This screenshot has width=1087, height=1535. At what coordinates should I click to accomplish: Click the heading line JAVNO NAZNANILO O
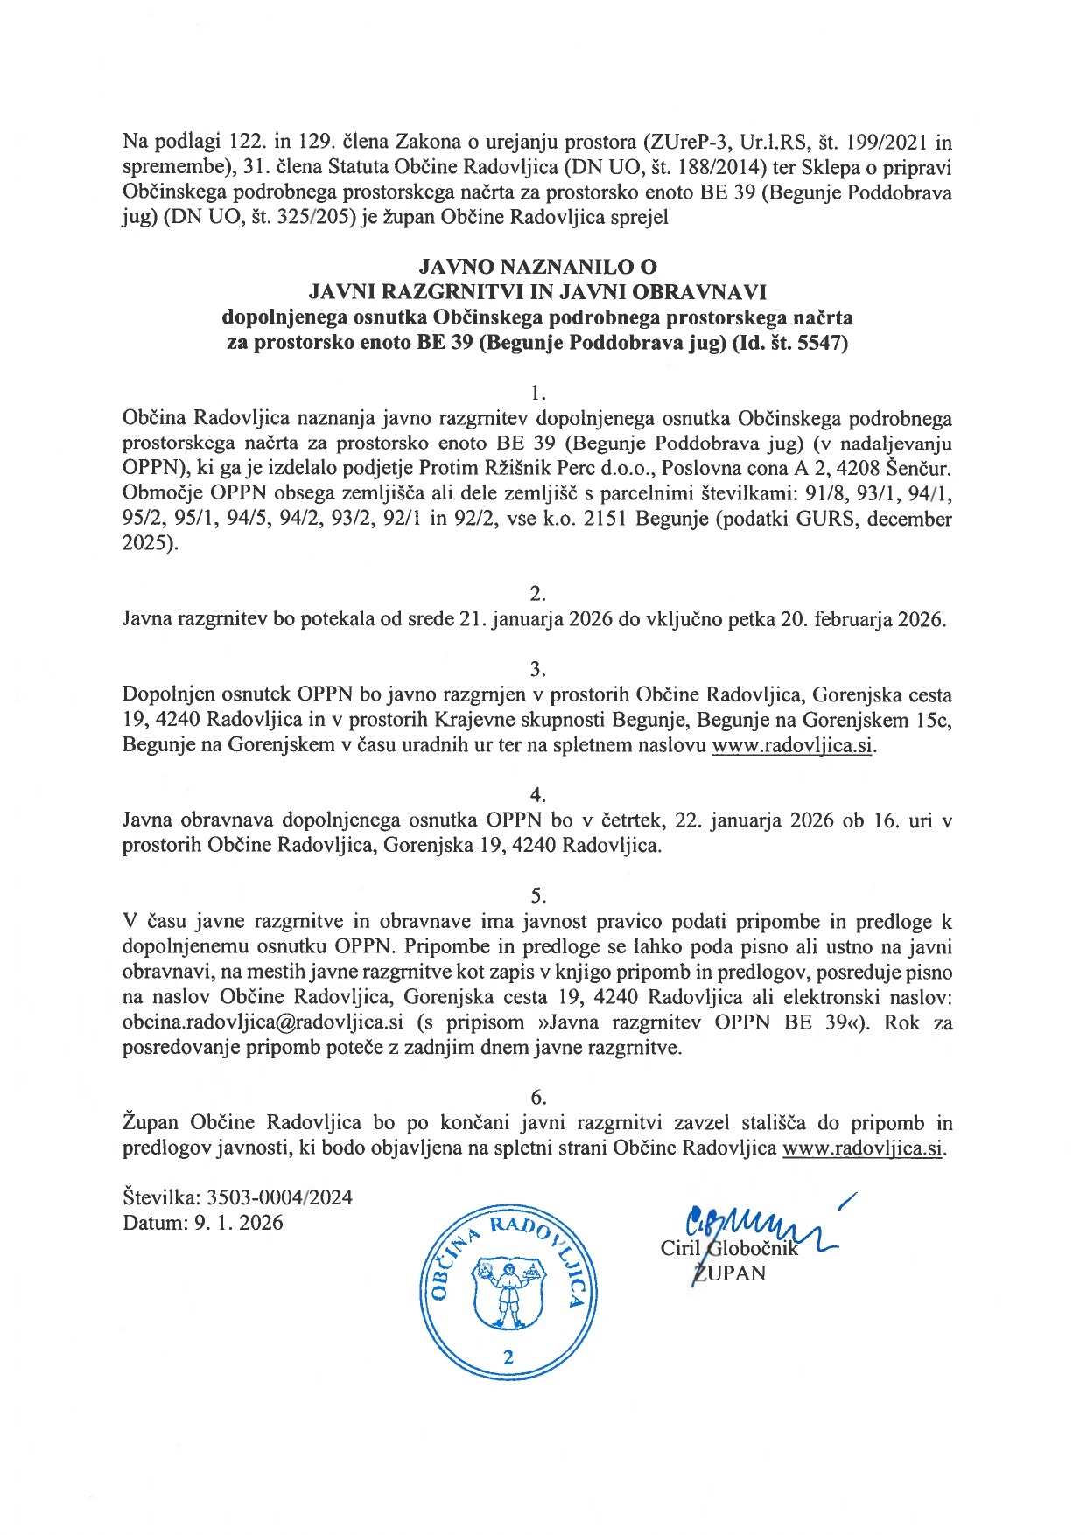(537, 266)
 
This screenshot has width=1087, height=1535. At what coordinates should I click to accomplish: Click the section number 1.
(538, 393)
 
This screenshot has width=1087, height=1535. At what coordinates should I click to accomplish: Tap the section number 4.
(538, 795)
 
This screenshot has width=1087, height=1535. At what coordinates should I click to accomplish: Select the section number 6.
(538, 1097)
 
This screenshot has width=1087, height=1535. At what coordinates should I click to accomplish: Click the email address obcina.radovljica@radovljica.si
(263, 1022)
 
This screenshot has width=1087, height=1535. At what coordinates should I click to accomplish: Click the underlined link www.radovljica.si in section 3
(792, 745)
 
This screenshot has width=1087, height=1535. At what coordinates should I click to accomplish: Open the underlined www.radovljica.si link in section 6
(862, 1148)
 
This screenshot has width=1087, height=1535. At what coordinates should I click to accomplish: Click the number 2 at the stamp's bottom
(508, 1357)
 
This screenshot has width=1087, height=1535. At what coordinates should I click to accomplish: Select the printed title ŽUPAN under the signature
(728, 1273)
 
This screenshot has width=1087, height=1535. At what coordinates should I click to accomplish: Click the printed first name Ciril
(680, 1248)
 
